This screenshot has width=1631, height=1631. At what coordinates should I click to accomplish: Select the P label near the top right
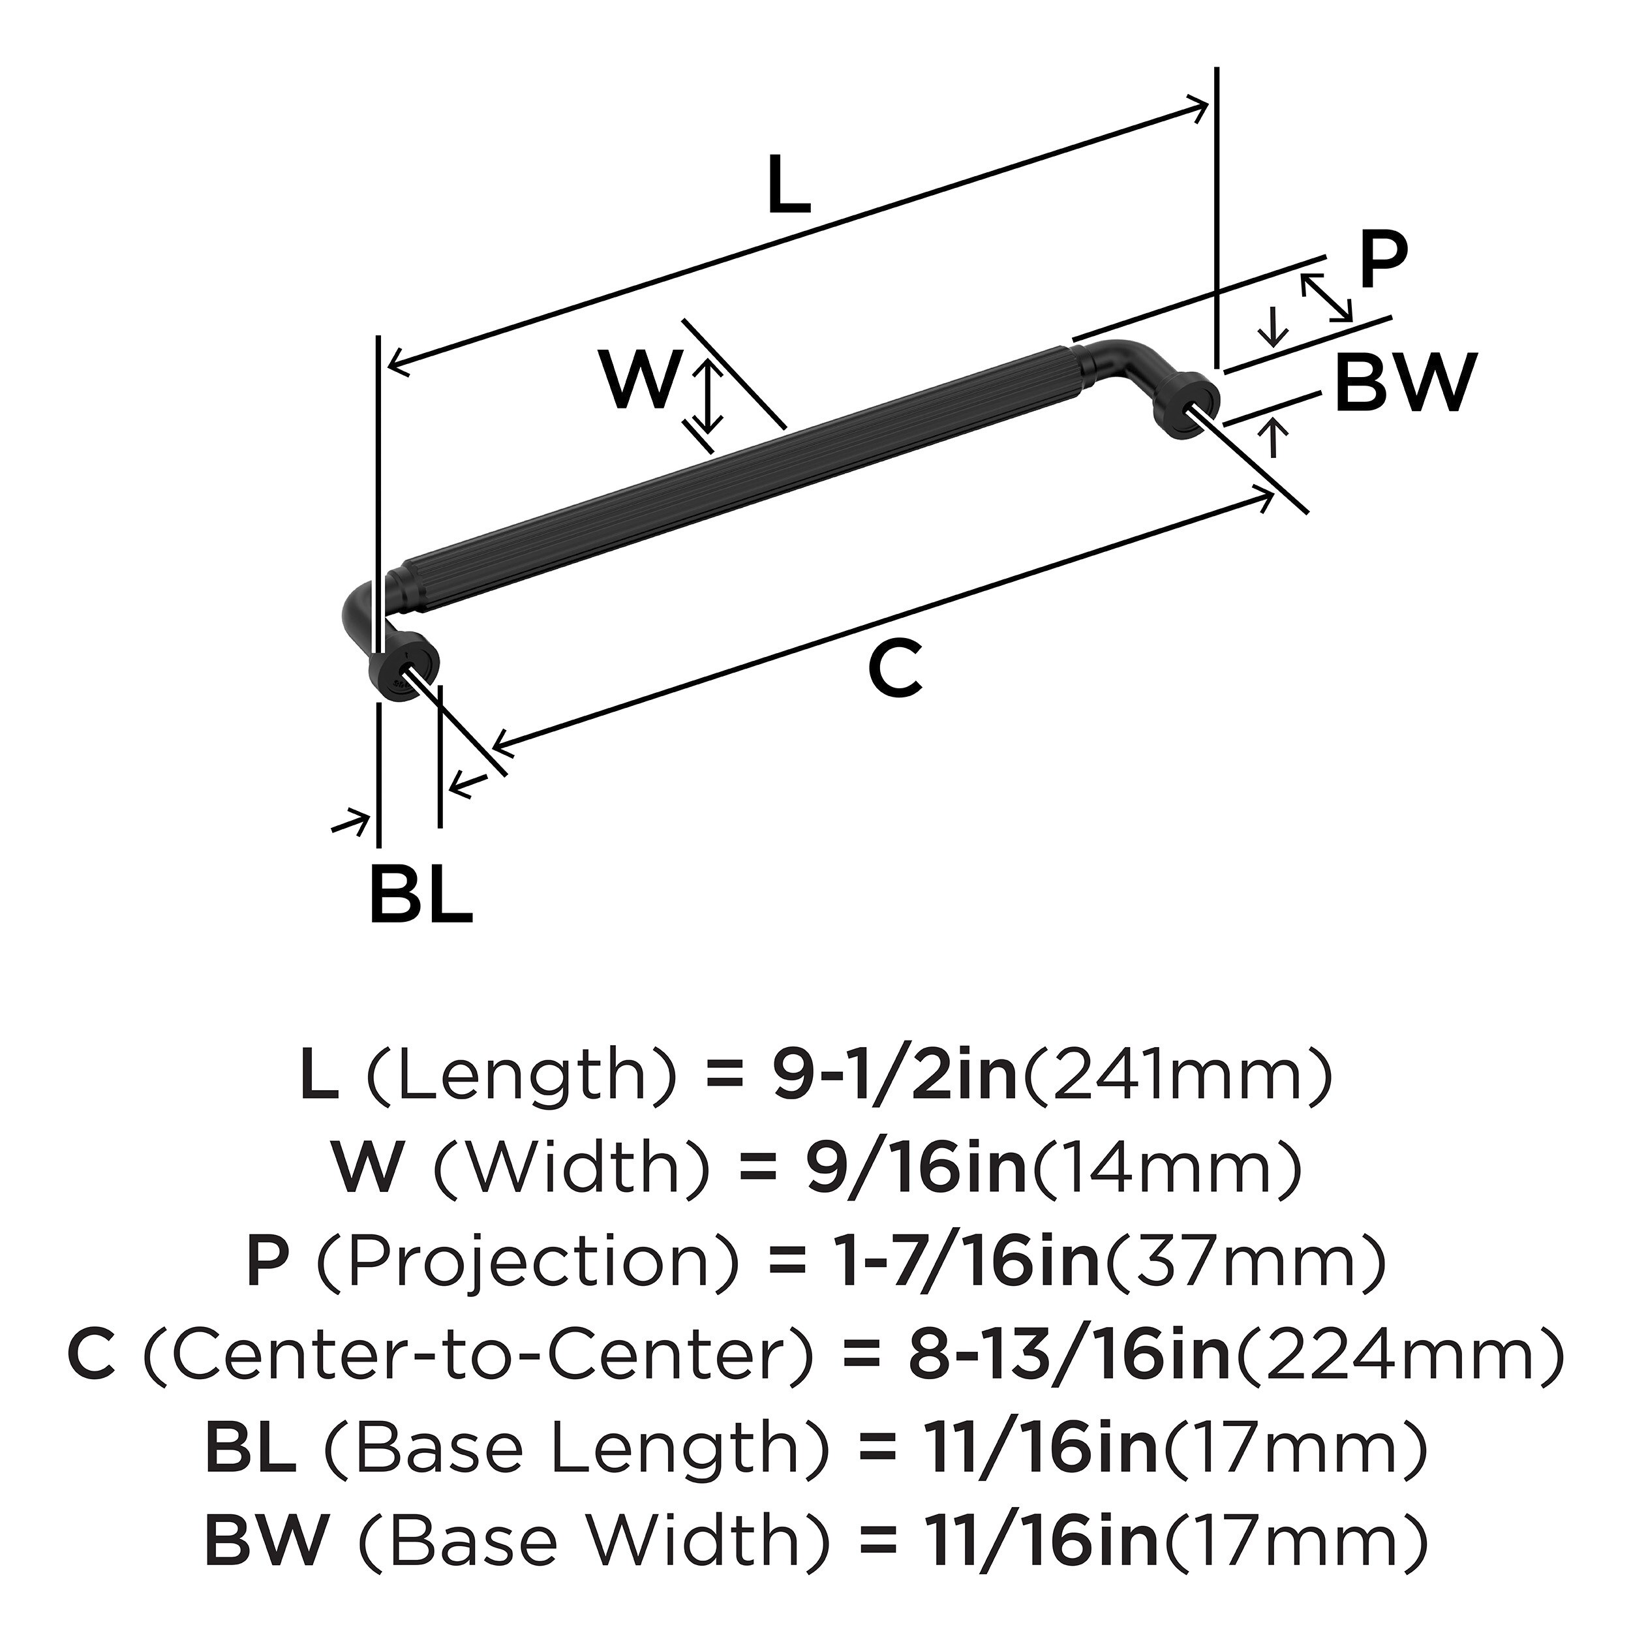pos(1383,262)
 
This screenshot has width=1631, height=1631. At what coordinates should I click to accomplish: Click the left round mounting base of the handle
pos(404,667)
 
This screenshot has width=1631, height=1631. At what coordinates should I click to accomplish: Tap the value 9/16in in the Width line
pos(916,1168)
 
